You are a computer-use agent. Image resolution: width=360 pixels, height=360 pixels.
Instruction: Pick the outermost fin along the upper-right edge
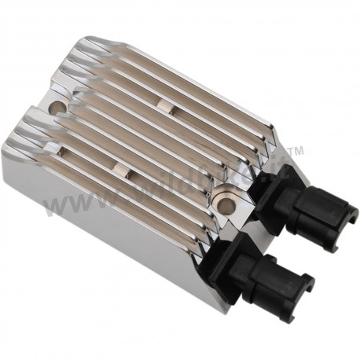[204, 86]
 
